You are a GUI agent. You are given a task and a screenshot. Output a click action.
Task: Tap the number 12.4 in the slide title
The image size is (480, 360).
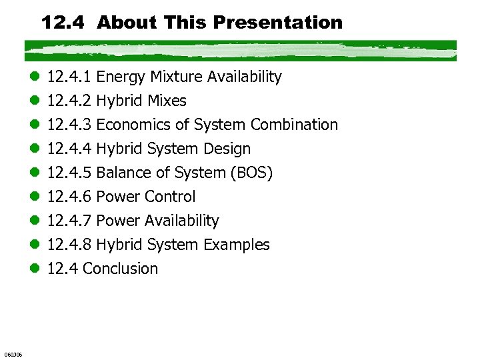[65, 23]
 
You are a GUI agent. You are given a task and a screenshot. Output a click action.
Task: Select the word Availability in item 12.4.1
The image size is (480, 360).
[244, 77]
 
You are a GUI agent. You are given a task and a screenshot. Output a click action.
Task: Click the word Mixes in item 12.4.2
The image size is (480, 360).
[167, 101]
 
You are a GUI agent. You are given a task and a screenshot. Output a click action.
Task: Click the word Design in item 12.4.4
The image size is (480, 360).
[228, 149]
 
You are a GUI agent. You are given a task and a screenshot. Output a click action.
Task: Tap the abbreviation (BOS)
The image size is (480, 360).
[251, 173]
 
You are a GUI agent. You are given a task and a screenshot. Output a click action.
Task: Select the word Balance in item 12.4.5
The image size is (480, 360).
[120, 173]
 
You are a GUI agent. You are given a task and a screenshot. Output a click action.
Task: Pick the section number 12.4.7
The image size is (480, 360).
[70, 221]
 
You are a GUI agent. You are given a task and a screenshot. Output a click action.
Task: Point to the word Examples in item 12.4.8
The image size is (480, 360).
[237, 245]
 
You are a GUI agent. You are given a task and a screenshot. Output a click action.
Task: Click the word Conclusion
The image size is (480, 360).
[121, 269]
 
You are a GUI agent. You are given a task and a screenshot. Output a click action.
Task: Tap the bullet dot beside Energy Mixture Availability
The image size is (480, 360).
[35, 77]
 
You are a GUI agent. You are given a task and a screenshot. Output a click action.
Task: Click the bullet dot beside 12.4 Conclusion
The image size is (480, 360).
[35, 269]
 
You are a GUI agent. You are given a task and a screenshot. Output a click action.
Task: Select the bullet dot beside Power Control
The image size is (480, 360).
[35, 197]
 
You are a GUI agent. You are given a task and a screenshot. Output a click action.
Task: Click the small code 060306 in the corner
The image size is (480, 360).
[13, 354]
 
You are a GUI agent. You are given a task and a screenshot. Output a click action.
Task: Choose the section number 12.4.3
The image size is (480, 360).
[70, 125]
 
